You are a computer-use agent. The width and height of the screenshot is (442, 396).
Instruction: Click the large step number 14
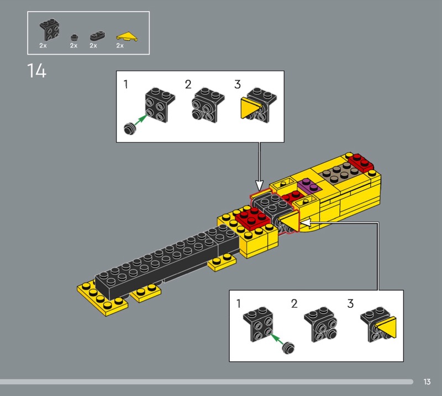click(36, 71)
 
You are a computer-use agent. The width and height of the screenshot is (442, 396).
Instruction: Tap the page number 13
click(427, 382)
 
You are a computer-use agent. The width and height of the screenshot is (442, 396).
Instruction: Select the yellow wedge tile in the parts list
click(127, 37)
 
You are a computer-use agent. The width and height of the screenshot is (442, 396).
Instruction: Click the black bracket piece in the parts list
click(49, 30)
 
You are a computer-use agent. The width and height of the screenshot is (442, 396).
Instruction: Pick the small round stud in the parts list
click(75, 37)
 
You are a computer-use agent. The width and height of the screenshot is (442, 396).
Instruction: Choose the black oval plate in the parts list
click(98, 36)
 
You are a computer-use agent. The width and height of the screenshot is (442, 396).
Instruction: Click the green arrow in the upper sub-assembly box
click(141, 120)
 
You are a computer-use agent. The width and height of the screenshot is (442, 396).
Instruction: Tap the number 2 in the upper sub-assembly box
click(188, 84)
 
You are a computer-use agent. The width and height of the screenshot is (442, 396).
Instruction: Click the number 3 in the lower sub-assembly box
click(350, 304)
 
